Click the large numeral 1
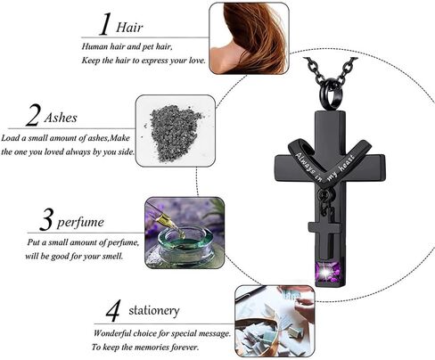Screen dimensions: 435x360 105,24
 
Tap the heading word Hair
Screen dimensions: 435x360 129,28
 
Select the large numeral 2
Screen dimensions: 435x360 32,116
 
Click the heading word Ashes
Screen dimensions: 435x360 61,118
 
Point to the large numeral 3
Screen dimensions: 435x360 46,220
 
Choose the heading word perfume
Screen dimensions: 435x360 80,223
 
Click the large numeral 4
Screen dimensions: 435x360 113,311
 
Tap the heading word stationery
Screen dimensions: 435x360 154,311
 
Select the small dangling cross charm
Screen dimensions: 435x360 324,234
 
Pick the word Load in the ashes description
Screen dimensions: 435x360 10,138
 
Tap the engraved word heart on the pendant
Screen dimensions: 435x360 348,163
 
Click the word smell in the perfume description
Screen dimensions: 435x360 112,256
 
